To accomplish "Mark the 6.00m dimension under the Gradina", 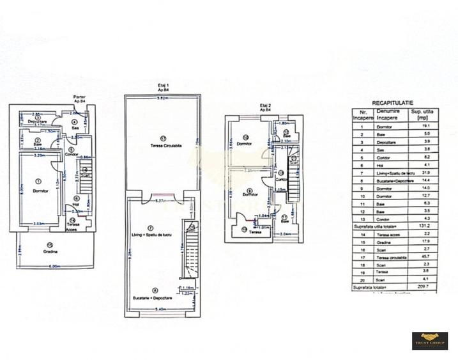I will click(54, 267).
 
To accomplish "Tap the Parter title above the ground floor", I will click(80, 97).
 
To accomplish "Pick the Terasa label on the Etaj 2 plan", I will click(256, 232).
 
